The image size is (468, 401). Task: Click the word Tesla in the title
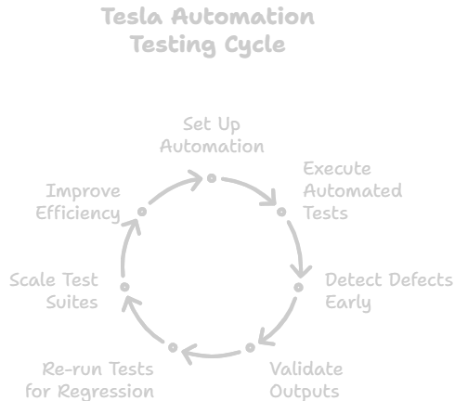tap(132, 17)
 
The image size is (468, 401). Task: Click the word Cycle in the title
tap(254, 45)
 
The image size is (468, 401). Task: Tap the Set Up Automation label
tap(212, 136)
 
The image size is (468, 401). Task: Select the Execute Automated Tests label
tap(353, 190)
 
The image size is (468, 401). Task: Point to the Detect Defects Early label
tap(389, 291)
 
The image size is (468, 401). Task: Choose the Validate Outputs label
tap(306, 381)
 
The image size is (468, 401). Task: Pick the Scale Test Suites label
tap(54, 291)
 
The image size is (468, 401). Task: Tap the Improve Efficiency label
tap(78, 202)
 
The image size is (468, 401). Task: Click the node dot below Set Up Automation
tap(212, 178)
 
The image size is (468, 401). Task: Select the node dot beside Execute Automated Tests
tap(281, 212)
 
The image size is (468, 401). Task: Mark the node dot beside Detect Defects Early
tap(298, 288)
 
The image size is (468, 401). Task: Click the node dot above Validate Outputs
tap(251, 348)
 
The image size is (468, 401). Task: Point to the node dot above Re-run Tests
tap(173, 348)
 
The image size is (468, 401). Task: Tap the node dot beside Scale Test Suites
tap(124, 287)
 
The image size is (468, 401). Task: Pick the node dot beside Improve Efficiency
tap(142, 212)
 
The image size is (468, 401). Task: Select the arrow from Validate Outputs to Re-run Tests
tap(212, 356)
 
